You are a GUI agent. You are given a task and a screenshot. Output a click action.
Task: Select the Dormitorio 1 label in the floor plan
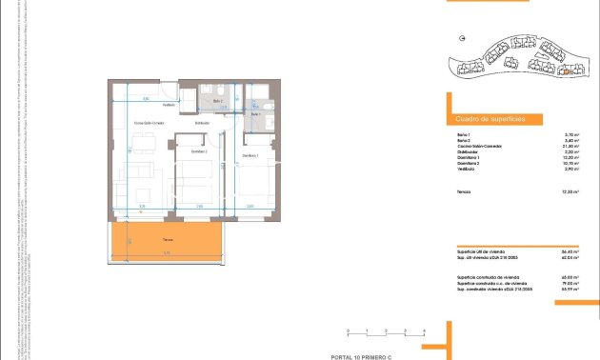[x=250, y=156]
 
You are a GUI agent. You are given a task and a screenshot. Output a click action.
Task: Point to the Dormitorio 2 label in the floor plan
[x=199, y=152]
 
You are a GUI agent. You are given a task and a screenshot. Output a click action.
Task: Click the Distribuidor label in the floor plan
[x=203, y=123]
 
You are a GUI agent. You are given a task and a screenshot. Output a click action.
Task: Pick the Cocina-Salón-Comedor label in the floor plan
[x=150, y=124]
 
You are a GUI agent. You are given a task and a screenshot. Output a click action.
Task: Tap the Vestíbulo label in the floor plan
[x=169, y=105]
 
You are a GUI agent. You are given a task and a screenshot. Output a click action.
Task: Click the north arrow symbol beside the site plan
[x=462, y=40]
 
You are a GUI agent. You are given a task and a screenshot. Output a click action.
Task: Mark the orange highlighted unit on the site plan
[x=563, y=69]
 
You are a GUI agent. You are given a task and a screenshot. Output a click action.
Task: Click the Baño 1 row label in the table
[x=463, y=134]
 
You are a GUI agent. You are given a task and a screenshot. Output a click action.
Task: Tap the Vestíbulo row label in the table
[x=466, y=169]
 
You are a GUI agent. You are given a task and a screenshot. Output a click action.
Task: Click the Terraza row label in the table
[x=464, y=191]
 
